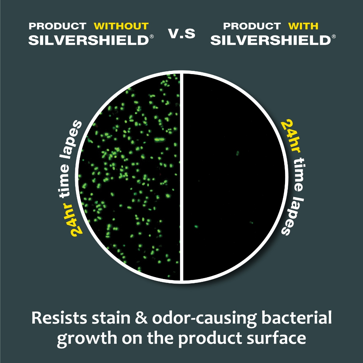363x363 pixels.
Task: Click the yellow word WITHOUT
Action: pyautogui.click(x=121, y=26)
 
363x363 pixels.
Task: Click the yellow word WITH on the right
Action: pyautogui.click(x=303, y=26)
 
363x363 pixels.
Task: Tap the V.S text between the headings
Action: pyautogui.click(x=182, y=33)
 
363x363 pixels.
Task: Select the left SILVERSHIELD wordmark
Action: pyautogui.click(x=89, y=40)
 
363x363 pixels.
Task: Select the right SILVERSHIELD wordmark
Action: pyautogui.click(x=271, y=40)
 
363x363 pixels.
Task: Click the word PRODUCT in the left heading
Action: pyautogui.click(x=57, y=26)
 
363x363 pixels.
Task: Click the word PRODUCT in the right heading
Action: pyautogui.click(x=252, y=26)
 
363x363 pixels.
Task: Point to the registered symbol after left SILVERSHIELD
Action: pyautogui.click(x=152, y=37)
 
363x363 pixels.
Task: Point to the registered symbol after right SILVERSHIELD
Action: pyautogui.click(x=334, y=37)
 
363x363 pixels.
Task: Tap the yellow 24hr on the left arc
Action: pyautogui.click(x=74, y=219)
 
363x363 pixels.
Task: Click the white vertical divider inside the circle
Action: pyautogui.click(x=182, y=177)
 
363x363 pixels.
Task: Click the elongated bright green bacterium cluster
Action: pyautogui.click(x=159, y=139)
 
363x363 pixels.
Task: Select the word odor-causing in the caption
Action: pyautogui.click(x=205, y=319)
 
